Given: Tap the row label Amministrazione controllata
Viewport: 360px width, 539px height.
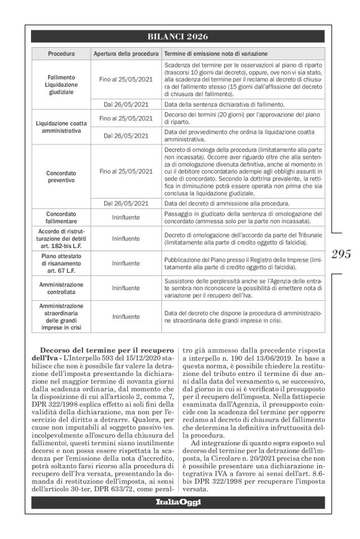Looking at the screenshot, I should pyautogui.click(x=61, y=287).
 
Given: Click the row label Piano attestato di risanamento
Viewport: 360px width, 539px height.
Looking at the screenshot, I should pyautogui.click(x=61, y=263).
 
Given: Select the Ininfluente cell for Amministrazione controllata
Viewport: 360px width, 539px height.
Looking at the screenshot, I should pyautogui.click(x=126, y=288).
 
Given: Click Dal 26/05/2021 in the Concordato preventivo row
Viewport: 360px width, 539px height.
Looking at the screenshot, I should pyautogui.click(x=126, y=203).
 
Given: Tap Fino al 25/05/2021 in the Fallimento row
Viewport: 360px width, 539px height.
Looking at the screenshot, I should pyautogui.click(x=126, y=79).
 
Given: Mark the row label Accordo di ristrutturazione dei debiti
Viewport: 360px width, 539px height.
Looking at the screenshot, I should pyautogui.click(x=61, y=238).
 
